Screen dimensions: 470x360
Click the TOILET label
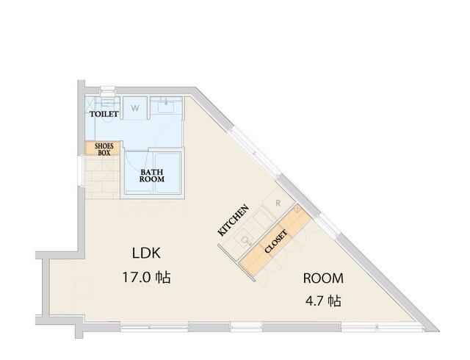pos(104,114)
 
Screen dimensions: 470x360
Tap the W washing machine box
pos(135,108)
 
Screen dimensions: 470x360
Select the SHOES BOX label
pos(104,149)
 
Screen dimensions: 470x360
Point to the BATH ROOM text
pos(152,176)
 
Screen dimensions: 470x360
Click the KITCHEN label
pos(234,220)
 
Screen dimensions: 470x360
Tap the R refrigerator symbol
pos(278,203)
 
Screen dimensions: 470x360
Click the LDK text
pos(146,253)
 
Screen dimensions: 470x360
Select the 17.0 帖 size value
pos(146,277)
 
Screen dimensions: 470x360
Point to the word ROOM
pos(323,278)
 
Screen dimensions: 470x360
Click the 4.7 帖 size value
pos(323,300)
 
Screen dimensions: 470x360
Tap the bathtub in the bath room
pos(167,172)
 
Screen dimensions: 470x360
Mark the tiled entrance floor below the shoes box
pos(102,178)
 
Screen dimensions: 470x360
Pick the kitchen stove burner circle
pos(245,240)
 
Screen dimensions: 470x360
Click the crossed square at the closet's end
pos(297,209)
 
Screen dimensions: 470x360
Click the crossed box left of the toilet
pos(90,104)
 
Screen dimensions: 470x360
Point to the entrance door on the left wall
pos(80,170)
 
